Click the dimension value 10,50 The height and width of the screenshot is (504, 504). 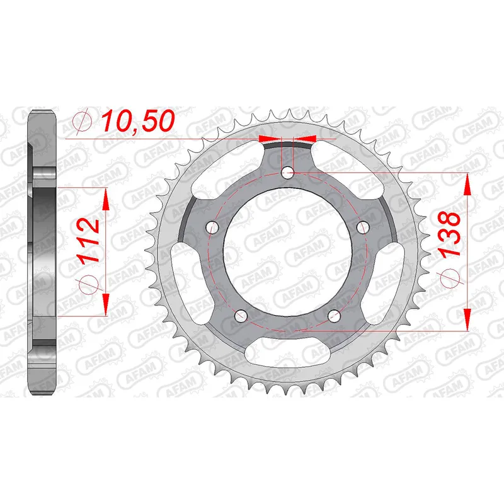tap(137, 120)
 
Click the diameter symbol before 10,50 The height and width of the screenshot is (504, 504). tap(83, 121)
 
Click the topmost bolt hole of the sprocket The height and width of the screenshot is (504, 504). tap(287, 171)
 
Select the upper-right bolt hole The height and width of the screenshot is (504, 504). tap(362, 226)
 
